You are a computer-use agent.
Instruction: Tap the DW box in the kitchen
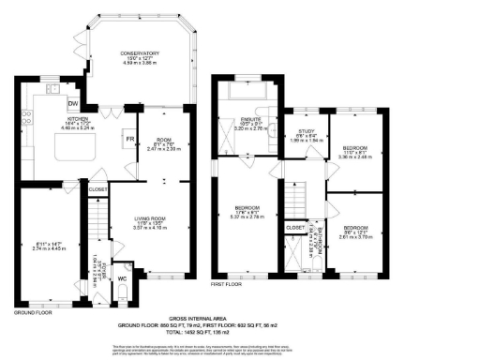point(74,103)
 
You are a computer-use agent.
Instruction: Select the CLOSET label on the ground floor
point(98,189)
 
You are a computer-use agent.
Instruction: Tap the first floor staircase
point(296,198)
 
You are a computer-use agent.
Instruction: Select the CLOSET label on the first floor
point(294,227)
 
